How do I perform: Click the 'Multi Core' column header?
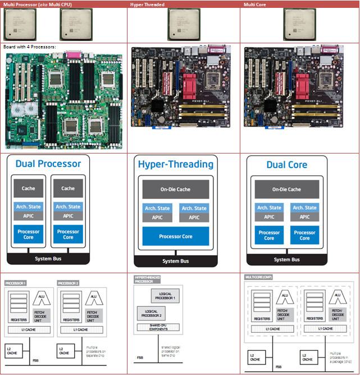coord(254,4)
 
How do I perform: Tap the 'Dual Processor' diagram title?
coord(48,164)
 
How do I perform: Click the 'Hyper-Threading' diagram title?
coord(176,164)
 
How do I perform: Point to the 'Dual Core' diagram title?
coord(286,165)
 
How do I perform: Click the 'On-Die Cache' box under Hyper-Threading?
coord(176,189)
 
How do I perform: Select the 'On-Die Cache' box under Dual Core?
coord(286,189)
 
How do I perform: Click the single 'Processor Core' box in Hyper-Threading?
coord(176,237)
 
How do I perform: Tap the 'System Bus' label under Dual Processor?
coord(48,259)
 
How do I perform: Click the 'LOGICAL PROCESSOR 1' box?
coord(166,296)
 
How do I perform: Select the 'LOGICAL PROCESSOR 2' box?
coord(150,313)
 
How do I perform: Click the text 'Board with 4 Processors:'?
coord(29,47)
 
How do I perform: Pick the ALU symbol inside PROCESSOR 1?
coord(40,299)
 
